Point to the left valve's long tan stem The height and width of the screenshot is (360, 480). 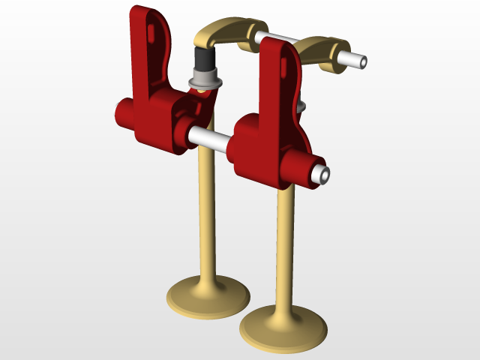point(205,217)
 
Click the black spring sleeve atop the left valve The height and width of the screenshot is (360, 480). point(202,59)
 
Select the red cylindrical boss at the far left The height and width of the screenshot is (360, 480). point(123,114)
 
